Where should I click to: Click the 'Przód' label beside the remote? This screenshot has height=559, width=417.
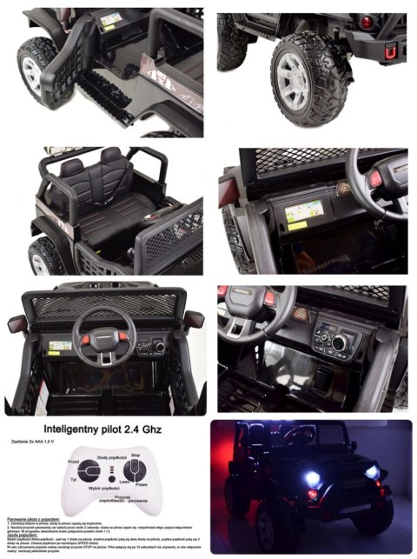pyautogui.click(x=75, y=462)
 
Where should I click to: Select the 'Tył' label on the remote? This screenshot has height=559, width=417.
pyautogui.click(x=76, y=478)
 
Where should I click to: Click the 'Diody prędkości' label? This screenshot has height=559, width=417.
pyautogui.click(x=111, y=457)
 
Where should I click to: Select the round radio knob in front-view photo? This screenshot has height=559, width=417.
pyautogui.click(x=159, y=346)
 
